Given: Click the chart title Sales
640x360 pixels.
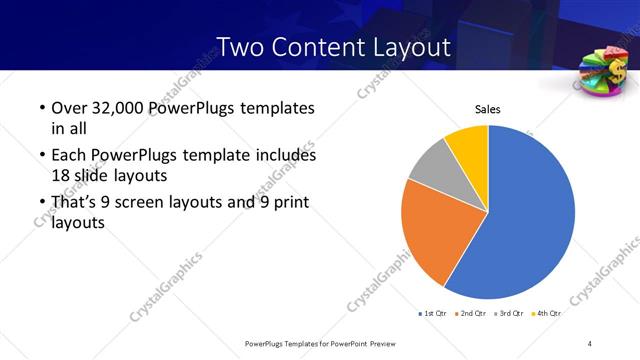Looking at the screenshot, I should click(x=487, y=109).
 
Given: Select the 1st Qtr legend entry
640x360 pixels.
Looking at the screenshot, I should click(x=433, y=314).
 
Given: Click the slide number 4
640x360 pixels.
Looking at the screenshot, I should click(x=590, y=343).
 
